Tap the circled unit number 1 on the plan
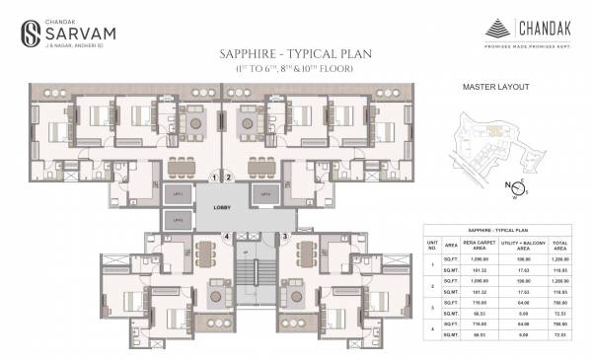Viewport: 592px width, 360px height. point(213,178)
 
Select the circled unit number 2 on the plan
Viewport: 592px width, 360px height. point(228,178)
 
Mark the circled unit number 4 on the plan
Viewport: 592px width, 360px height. point(226,237)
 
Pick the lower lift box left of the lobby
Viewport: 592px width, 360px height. point(178,221)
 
